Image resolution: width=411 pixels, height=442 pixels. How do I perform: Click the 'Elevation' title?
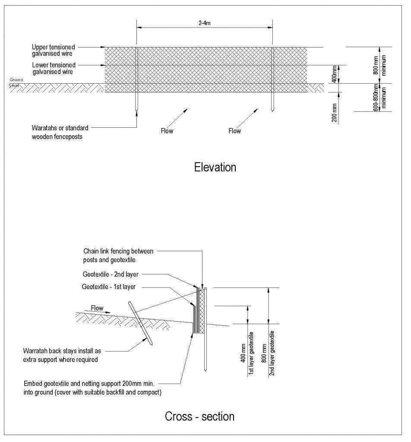[215, 167]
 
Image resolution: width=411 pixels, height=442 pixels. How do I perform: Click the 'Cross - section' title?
[199, 416]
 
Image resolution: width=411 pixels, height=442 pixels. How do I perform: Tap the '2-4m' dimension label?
[204, 23]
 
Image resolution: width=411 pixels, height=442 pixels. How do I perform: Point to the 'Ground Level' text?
[16, 82]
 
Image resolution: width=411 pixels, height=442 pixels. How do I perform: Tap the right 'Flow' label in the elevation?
[234, 131]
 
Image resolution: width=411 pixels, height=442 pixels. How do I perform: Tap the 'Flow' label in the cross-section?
[97, 308]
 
